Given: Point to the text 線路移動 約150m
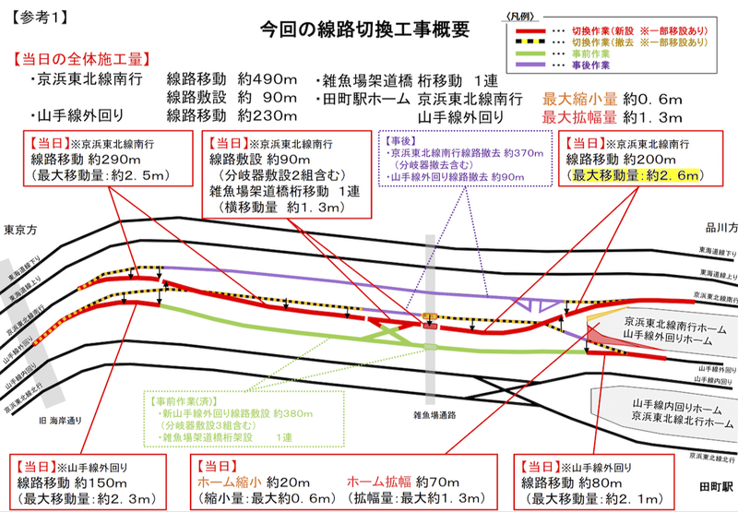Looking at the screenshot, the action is (x=72, y=482).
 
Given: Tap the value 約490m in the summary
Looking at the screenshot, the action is (x=268, y=79).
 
